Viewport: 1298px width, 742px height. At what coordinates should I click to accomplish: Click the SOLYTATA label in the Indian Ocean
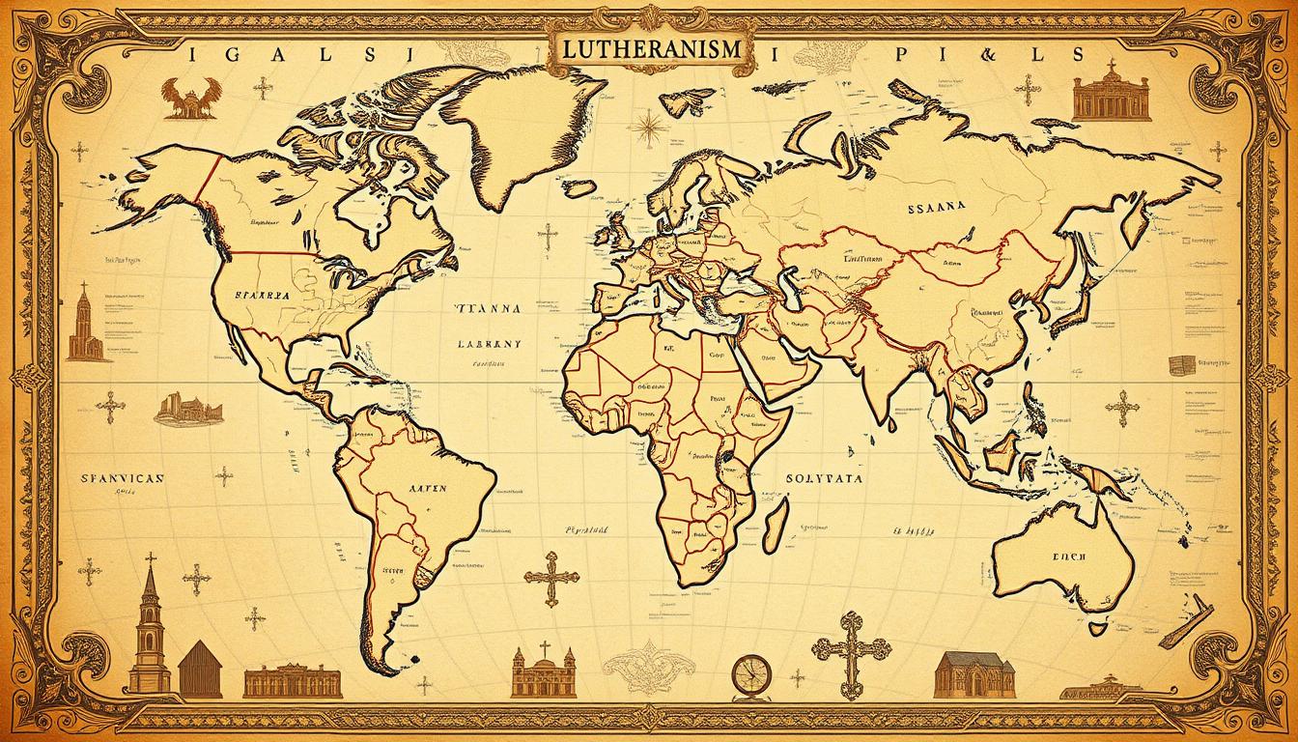827,477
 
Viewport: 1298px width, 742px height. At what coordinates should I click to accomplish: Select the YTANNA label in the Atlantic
487,310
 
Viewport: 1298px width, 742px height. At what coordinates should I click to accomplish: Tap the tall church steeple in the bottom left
150,628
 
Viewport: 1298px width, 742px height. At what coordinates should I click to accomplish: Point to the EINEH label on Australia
1066,556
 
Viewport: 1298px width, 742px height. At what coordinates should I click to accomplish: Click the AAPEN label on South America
420,489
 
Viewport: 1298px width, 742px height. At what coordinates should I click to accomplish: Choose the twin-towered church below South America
543,671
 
